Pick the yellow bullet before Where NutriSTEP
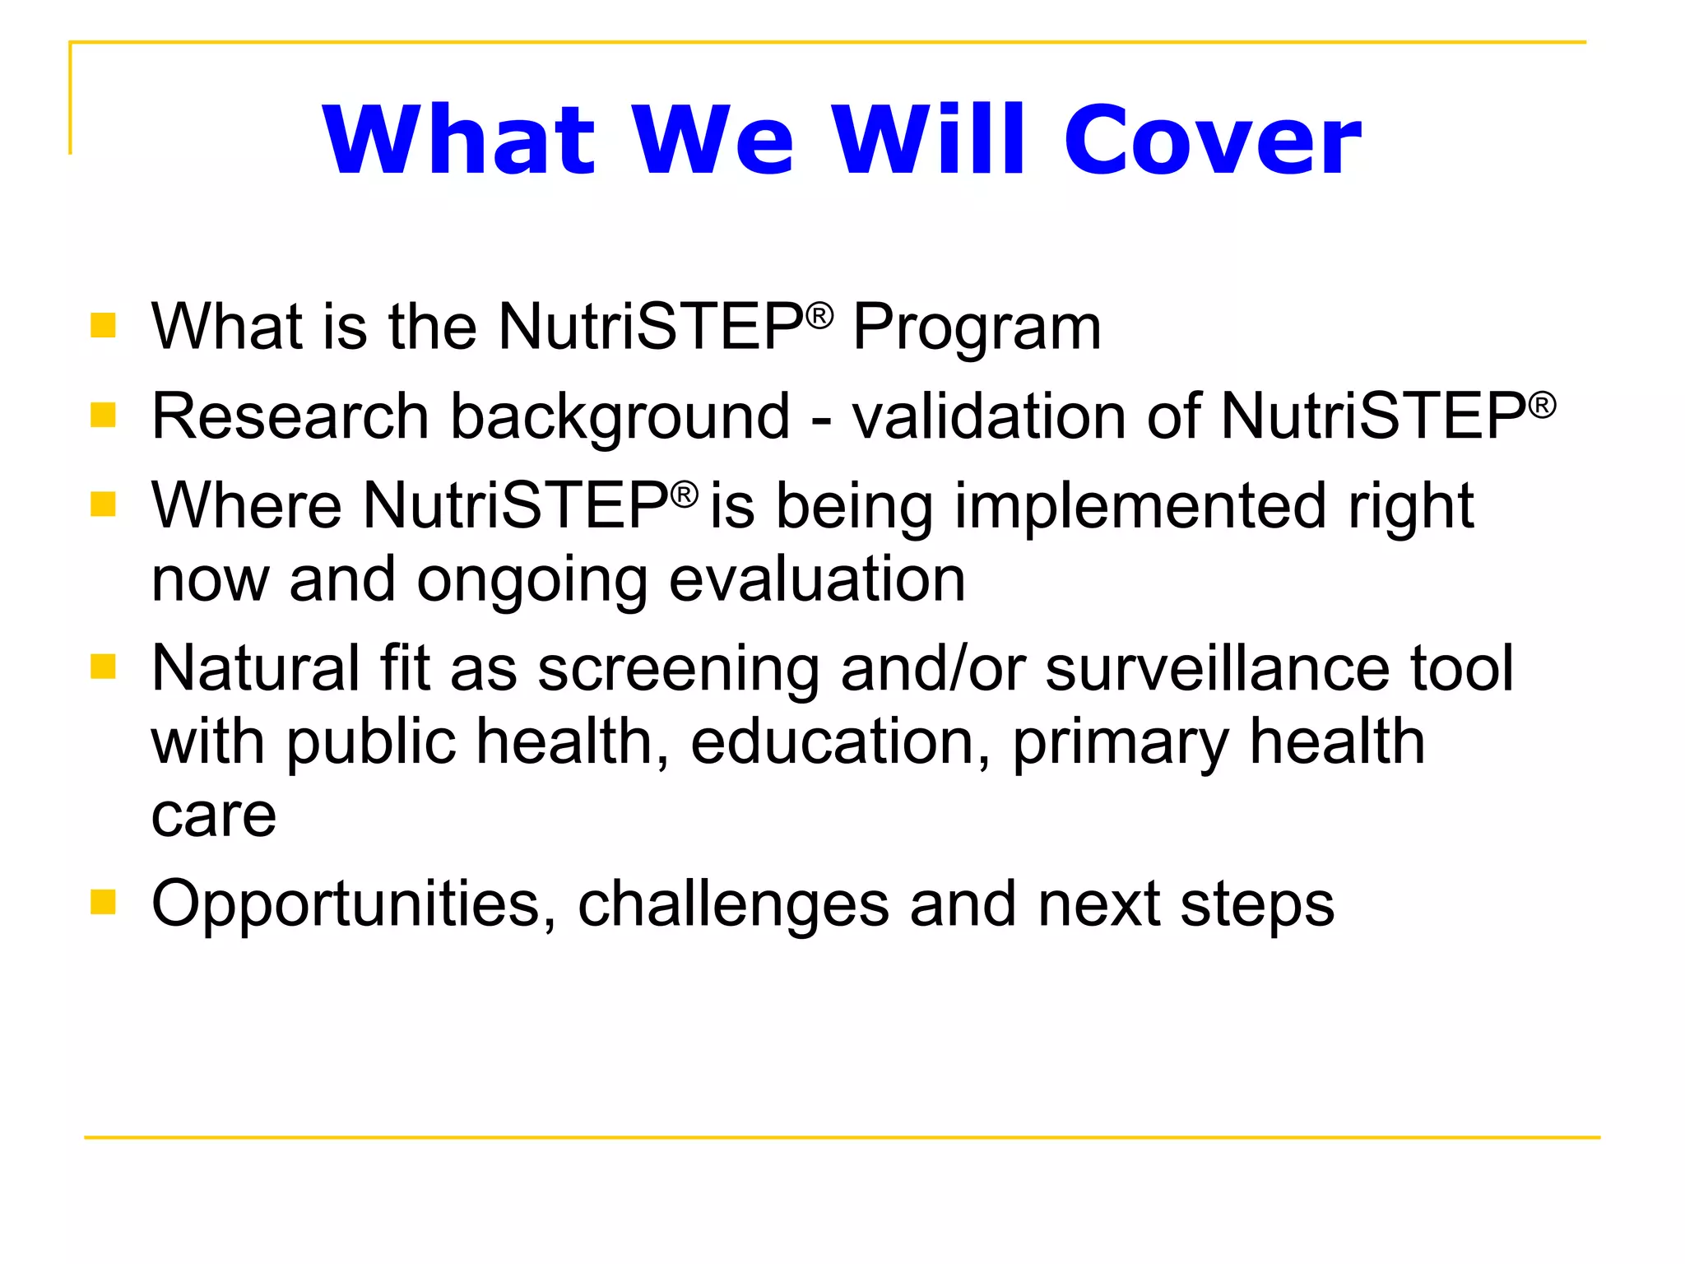(x=103, y=503)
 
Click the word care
(x=214, y=816)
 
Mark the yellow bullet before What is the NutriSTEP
(x=103, y=325)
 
